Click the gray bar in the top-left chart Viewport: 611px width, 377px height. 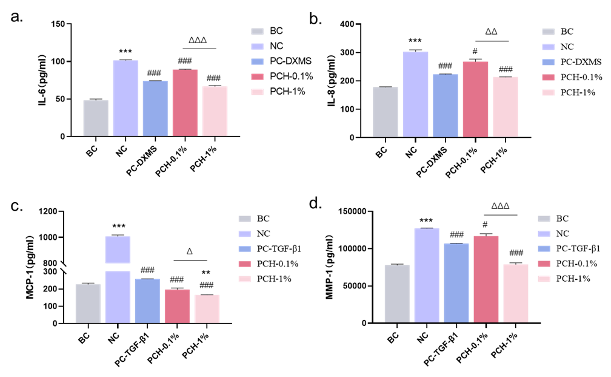[x=96, y=118]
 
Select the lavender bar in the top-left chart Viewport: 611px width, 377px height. [x=125, y=98]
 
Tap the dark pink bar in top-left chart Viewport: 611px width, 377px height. [x=185, y=103]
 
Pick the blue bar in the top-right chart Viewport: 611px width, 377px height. [x=446, y=106]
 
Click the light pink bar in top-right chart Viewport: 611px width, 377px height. [x=506, y=107]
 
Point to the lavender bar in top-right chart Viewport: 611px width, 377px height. [x=415, y=94]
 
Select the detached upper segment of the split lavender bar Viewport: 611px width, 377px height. [x=118, y=250]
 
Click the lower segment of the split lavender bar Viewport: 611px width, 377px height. [x=118, y=297]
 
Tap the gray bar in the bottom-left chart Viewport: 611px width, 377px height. [x=88, y=304]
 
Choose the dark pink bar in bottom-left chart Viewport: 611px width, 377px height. [x=177, y=306]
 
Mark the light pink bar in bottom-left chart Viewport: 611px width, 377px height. [x=207, y=308]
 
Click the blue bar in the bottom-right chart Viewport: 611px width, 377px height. [x=456, y=283]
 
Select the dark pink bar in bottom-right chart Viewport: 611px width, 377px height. [x=486, y=279]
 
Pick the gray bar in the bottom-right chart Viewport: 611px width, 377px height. [x=397, y=294]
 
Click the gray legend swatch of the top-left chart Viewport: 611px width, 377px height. [x=257, y=32]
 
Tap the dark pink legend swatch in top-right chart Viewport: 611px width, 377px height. [x=548, y=77]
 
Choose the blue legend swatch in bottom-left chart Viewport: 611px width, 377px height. [x=244, y=249]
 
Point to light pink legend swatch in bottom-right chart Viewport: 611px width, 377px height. [x=544, y=279]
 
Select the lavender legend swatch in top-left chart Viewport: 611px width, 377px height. [x=257, y=47]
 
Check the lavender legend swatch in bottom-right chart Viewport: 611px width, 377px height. [x=544, y=234]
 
